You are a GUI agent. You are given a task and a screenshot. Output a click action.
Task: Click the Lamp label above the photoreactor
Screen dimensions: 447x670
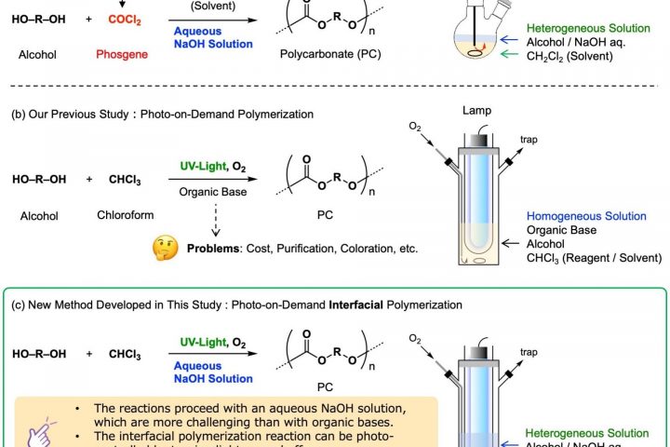pos(476,110)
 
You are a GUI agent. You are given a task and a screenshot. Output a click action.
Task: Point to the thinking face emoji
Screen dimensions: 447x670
pos(164,249)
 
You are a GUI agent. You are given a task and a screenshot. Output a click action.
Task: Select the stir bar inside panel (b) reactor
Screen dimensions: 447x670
pos(476,262)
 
